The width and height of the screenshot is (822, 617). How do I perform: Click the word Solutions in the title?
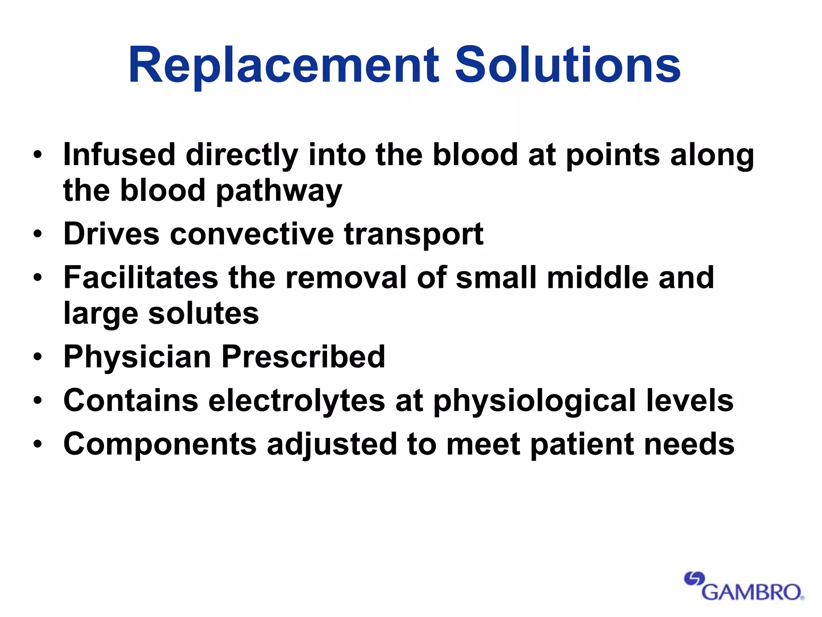tap(568, 65)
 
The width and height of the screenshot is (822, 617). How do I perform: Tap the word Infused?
tap(119, 155)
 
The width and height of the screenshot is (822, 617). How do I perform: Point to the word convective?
tap(252, 234)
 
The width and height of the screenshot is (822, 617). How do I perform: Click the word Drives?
tap(111, 234)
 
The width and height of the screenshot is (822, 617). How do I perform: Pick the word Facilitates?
tap(140, 278)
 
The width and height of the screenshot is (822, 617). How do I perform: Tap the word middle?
tap(598, 278)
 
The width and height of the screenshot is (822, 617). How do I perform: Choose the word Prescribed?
tap(303, 357)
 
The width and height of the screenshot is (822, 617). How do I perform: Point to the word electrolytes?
tap(297, 401)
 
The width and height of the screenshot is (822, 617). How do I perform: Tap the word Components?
tap(160, 444)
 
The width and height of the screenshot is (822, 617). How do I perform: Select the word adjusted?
tap(332, 445)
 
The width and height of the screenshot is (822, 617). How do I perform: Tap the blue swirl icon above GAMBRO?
tap(694, 579)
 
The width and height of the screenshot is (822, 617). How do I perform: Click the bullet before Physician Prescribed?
tap(38, 357)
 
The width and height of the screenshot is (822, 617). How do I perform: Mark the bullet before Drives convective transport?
tap(38, 234)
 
